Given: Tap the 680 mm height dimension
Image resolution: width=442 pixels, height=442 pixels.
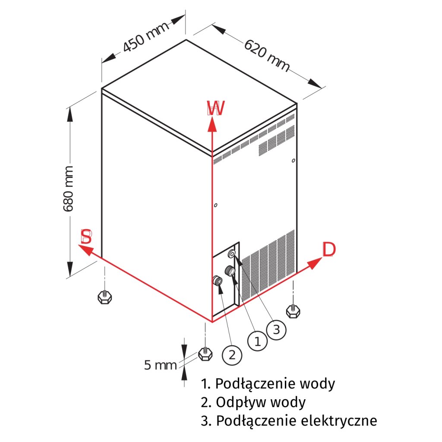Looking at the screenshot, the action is coord(69,188).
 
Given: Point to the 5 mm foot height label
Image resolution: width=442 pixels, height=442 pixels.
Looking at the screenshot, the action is coord(160,366).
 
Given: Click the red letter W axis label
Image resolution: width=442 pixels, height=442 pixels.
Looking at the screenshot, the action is coord(215,109).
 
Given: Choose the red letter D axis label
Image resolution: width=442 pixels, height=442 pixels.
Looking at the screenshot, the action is coord(329,249).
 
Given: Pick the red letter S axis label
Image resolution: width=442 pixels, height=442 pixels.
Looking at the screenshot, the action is coord(86,237).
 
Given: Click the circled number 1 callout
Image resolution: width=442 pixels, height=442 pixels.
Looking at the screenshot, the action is coord(258,341).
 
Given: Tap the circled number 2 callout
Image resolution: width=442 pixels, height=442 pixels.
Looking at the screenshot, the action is coord(232,355).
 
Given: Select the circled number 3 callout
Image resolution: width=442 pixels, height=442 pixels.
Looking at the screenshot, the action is coord(276,329).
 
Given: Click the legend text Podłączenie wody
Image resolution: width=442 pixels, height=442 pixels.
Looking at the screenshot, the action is coord(268,383).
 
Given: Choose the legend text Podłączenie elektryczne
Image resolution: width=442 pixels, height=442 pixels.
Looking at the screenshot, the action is coord(289,421).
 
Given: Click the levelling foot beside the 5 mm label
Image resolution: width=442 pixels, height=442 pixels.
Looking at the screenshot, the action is coord(205,354).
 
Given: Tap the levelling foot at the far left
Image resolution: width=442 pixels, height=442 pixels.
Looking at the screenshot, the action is coord(104,297).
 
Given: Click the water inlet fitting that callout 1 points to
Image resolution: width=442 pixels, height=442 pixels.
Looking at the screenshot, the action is coord(230,272).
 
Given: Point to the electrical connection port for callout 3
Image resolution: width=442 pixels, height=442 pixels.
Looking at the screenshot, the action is coord(232,254).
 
